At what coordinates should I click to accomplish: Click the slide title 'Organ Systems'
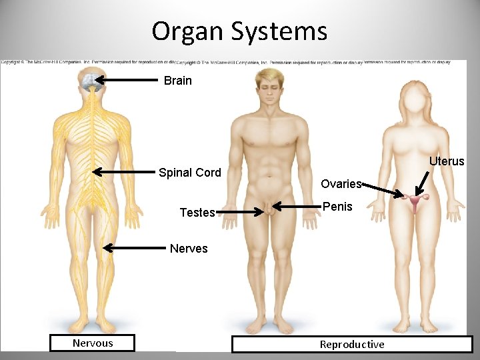[x=239, y=31]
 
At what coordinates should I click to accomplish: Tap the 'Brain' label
[x=177, y=81]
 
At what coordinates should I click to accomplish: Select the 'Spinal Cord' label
[x=189, y=173]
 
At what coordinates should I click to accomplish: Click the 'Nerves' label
[x=189, y=249]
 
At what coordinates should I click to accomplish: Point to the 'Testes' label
[x=197, y=213]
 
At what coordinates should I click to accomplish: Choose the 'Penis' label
[x=337, y=207]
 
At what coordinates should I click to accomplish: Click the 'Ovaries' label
[x=340, y=183]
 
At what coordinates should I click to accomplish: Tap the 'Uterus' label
[x=447, y=161]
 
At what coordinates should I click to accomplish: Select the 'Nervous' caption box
[x=93, y=343]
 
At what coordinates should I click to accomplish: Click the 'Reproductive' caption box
[x=351, y=345]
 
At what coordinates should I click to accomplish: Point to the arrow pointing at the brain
[x=129, y=80]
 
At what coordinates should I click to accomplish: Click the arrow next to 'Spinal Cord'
[x=123, y=172]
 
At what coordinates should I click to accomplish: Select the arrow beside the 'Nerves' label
[x=133, y=248]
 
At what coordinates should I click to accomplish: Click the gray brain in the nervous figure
[x=89, y=81]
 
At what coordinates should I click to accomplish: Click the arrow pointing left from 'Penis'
[x=297, y=205]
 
